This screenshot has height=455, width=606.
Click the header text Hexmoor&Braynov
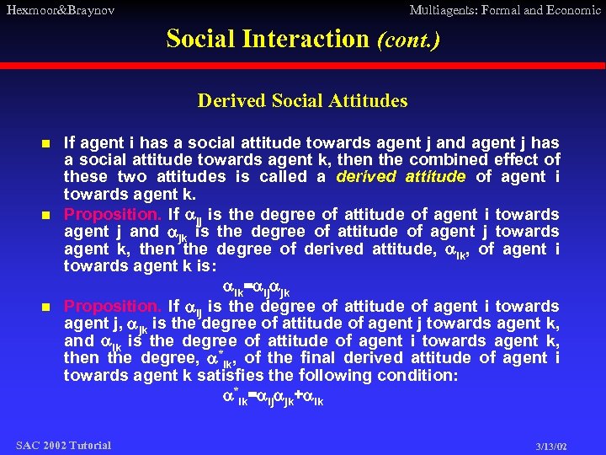pyautogui.click(x=60, y=10)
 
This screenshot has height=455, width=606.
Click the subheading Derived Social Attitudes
pyautogui.click(x=302, y=101)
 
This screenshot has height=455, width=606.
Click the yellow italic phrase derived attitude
pyautogui.click(x=401, y=177)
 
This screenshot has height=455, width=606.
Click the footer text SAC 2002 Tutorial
pyautogui.click(x=63, y=444)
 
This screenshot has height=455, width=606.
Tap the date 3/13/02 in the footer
pyautogui.click(x=550, y=446)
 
